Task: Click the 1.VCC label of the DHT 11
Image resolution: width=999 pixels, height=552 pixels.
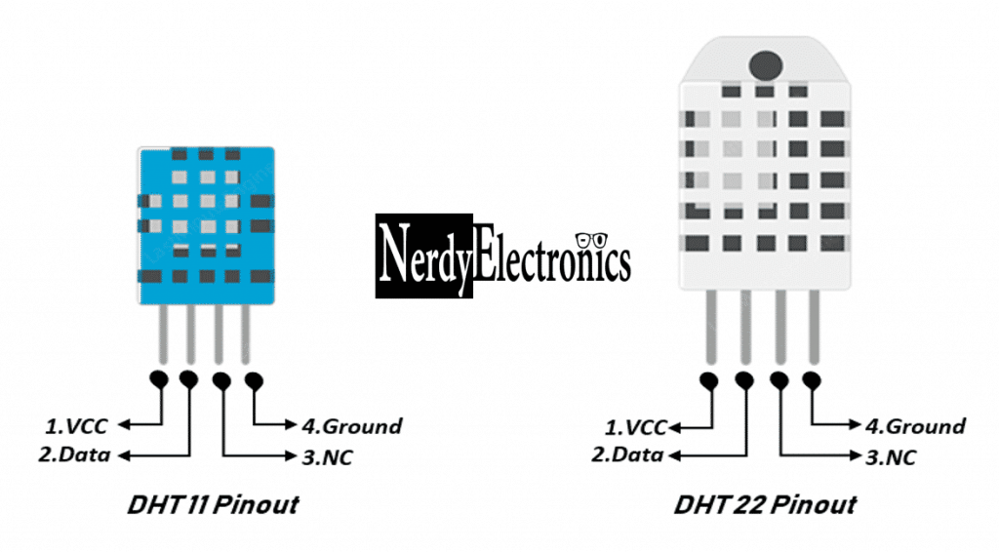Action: coord(76,425)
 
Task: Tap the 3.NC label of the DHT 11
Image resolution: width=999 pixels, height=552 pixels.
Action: coord(327,455)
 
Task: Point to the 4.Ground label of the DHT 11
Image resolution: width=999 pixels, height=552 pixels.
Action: coord(351,425)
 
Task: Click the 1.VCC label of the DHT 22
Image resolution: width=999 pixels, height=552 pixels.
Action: coord(635,426)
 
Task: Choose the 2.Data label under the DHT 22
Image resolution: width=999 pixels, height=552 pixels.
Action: coord(627,454)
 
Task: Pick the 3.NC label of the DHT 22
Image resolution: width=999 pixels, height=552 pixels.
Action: coord(891,456)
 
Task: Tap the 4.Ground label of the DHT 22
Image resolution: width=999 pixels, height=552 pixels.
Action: coord(915,426)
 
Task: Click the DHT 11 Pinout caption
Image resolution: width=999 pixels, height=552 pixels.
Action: coord(213,505)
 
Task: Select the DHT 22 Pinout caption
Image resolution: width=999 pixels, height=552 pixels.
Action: coord(765,505)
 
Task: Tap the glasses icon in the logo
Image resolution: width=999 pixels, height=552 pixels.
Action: coord(591,239)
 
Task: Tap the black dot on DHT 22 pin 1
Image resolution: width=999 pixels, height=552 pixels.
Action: coord(709,378)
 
